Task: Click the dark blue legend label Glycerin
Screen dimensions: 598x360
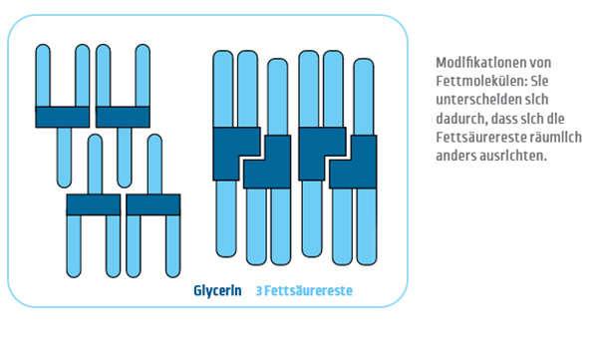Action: pos(217,291)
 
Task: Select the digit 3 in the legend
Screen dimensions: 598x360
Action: pos(259,291)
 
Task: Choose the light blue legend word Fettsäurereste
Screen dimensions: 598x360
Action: pos(308,291)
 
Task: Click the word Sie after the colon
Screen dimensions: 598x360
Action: pos(539,81)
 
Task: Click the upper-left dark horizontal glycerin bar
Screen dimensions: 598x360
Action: pos(63,117)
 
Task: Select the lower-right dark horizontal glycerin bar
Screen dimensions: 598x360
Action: pos(153,205)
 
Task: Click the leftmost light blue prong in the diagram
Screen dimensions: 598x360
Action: pos(43,76)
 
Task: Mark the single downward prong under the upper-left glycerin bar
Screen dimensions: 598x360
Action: pos(64,158)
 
